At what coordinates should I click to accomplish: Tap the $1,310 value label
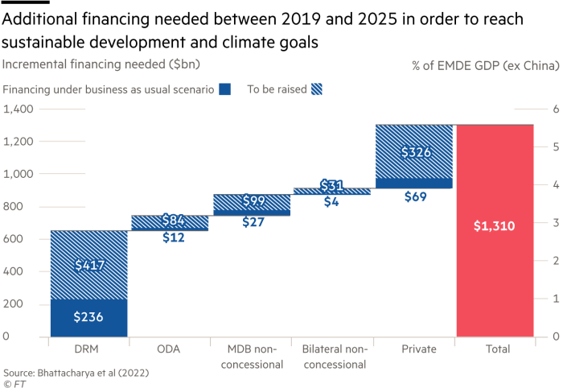494,228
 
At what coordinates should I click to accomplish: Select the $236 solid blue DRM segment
88,317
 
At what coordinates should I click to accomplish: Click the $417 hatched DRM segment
88,264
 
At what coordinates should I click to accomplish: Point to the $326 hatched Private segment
414,151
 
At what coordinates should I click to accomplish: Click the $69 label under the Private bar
414,196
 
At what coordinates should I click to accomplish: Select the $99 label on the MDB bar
252,200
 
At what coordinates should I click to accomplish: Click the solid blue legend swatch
226,90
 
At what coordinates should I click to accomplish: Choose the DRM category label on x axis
88,349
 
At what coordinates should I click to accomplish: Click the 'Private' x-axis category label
414,349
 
